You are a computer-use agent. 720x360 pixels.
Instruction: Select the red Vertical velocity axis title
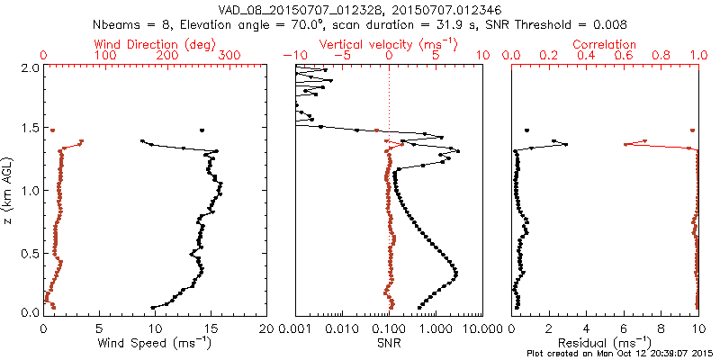(388, 44)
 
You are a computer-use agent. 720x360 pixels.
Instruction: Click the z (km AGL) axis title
(9, 190)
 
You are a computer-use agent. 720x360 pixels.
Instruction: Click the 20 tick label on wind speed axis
(266, 328)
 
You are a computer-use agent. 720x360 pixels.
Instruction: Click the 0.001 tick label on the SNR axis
(296, 328)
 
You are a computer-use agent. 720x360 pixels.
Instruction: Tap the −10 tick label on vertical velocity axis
(293, 56)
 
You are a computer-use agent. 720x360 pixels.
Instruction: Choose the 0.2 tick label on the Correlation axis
(549, 56)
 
